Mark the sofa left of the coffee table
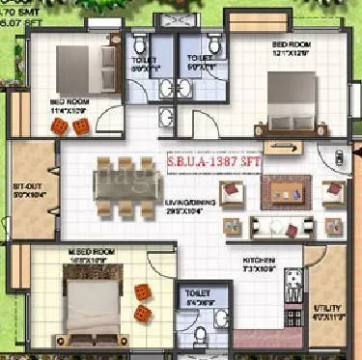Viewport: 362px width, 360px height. (231, 193)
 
